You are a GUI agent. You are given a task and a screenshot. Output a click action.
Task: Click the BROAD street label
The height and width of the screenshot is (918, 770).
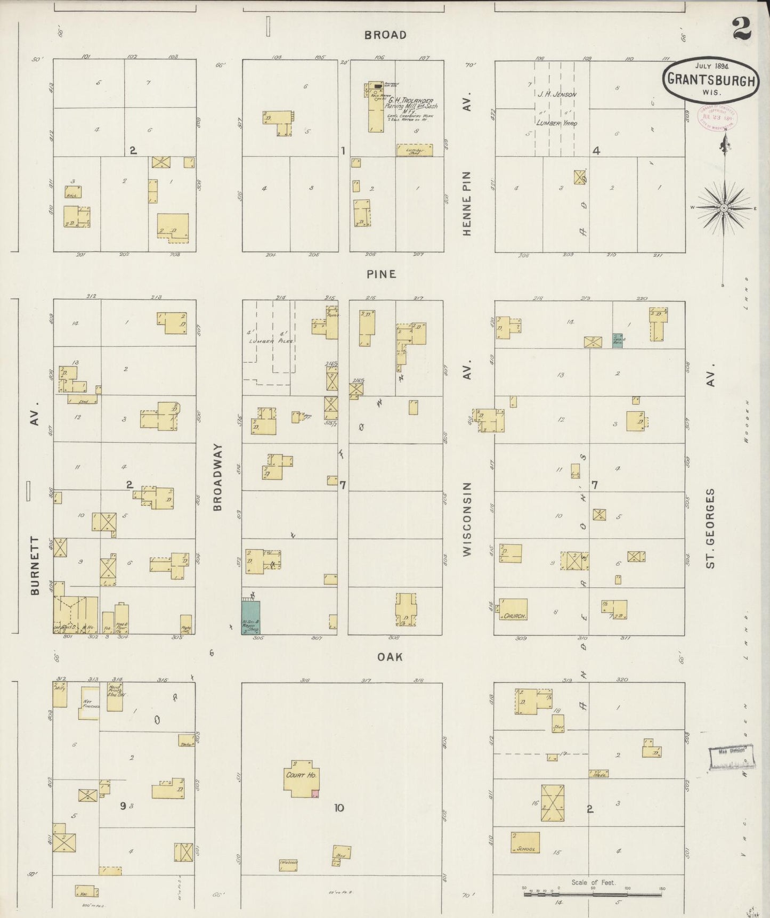point(385,35)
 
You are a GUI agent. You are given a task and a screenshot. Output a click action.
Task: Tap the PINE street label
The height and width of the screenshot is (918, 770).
point(382,274)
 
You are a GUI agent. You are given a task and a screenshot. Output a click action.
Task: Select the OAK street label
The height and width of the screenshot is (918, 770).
point(390,657)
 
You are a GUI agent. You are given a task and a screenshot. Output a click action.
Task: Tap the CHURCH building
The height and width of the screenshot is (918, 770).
point(514,609)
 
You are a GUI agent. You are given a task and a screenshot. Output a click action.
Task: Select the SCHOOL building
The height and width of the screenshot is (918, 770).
point(525,842)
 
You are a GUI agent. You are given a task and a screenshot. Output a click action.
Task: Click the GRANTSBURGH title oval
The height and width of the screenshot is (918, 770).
point(711,80)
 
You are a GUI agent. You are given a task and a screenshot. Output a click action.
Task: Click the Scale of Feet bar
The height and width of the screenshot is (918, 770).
point(593,893)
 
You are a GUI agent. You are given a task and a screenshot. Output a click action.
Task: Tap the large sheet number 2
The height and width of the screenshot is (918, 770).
point(742,29)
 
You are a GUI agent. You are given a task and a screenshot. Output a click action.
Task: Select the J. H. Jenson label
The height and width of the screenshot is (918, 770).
point(556,95)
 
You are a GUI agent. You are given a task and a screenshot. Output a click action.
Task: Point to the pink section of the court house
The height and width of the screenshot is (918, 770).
point(315,794)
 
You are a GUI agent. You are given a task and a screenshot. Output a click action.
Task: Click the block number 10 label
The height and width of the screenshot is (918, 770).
point(339,808)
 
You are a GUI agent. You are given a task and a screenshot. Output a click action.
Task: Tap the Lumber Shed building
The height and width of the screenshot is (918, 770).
point(415,150)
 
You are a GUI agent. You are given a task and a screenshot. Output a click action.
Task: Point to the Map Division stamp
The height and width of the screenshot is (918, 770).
point(730,757)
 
